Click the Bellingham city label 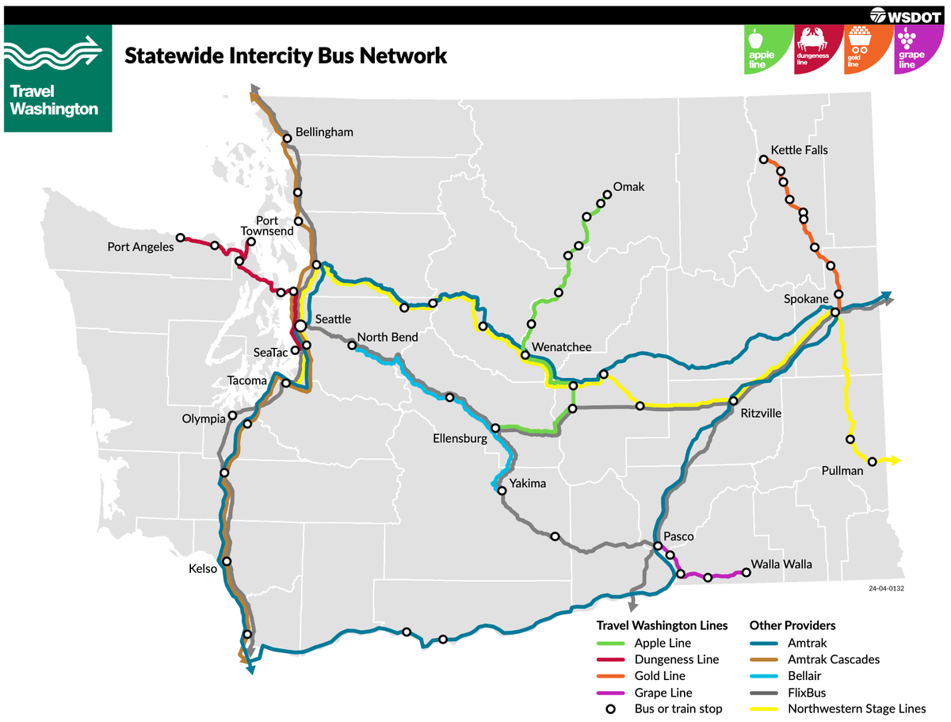tap(323, 132)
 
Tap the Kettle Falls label tap(799, 150)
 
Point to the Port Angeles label tap(140, 247)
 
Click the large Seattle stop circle tap(301, 326)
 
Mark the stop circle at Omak tap(608, 194)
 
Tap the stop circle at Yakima tap(502, 491)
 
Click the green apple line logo tap(766, 49)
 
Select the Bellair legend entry tap(804, 676)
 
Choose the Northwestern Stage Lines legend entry tap(856, 709)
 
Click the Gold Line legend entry tap(659, 676)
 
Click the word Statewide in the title tap(165, 56)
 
